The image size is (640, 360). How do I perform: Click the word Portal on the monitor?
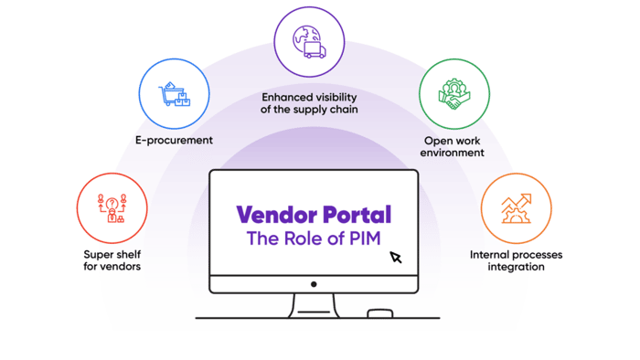pyautogui.click(x=353, y=216)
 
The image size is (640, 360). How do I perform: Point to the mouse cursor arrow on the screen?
pyautogui.click(x=396, y=258)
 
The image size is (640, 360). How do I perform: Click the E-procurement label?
pyautogui.click(x=174, y=141)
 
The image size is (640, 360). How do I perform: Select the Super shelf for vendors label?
pyautogui.click(x=112, y=259)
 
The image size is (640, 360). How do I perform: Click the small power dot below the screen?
pyautogui.click(x=313, y=283)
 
